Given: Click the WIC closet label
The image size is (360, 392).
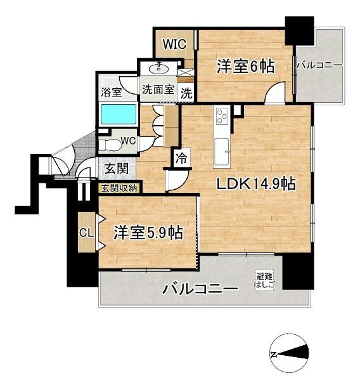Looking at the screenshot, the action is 175,44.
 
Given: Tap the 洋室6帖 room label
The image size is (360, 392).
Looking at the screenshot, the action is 245,67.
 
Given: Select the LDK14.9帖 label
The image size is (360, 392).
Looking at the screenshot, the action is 256,184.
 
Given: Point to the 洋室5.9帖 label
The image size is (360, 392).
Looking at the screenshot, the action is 148,233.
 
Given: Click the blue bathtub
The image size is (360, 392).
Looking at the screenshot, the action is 119,115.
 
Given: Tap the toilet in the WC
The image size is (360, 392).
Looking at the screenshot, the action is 109,144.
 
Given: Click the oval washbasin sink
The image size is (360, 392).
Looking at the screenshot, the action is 158,68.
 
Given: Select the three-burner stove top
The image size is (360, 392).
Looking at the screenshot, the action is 222,116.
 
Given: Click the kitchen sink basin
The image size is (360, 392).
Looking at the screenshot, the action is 221,152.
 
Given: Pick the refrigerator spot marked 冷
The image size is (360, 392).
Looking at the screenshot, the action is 182,158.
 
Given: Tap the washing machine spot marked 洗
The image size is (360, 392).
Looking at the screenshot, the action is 186,93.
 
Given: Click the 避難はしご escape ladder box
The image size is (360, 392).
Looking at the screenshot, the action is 264,280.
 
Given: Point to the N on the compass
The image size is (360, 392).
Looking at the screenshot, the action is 274,354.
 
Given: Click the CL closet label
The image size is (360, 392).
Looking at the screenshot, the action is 86,233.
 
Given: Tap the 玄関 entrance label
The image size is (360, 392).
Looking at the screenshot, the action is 117,168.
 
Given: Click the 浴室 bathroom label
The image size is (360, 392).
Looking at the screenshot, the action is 112,92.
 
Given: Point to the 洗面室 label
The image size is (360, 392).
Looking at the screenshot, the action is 158,89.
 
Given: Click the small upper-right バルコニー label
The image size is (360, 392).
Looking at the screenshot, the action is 319,65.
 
